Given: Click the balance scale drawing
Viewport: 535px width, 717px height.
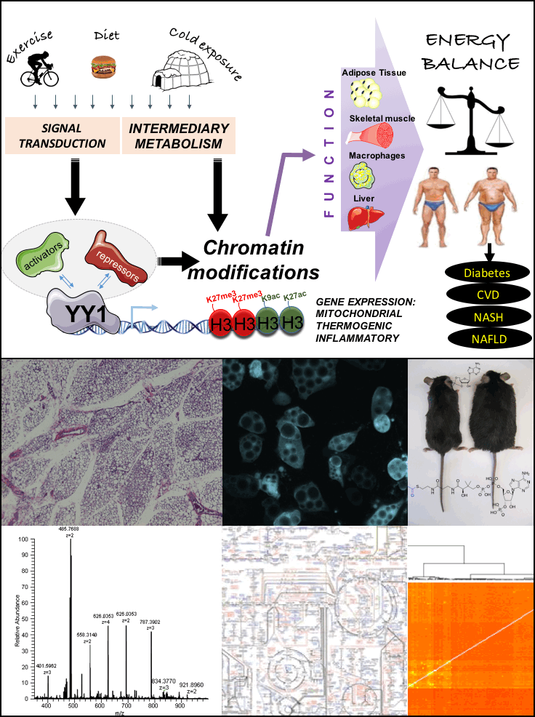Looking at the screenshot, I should [x=467, y=117].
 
